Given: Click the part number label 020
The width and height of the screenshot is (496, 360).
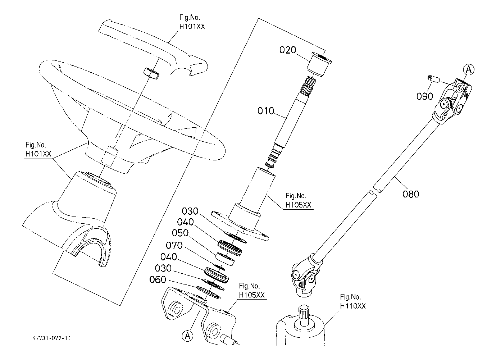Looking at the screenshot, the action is pos(288,50).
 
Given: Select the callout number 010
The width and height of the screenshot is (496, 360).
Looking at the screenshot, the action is pos(266,111).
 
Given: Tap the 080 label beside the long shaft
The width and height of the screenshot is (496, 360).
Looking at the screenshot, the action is pos(411,194).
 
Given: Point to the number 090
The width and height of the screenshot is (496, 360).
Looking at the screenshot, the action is pos(425,96).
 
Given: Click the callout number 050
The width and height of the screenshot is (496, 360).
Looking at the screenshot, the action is pos(180,233).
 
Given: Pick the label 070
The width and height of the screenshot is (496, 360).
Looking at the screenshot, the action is pos(174,245).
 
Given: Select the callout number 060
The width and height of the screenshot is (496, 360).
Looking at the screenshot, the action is pos(158,280).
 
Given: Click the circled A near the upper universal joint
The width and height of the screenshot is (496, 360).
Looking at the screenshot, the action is pos(469,70).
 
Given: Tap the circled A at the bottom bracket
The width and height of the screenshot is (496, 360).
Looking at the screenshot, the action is pos(187,336).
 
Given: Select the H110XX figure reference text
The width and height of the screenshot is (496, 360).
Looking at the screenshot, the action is pos(353,306).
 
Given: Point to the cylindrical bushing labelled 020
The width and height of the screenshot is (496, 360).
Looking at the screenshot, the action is pos(319,64).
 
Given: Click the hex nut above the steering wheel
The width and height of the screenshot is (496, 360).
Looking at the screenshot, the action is pos(151,73).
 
